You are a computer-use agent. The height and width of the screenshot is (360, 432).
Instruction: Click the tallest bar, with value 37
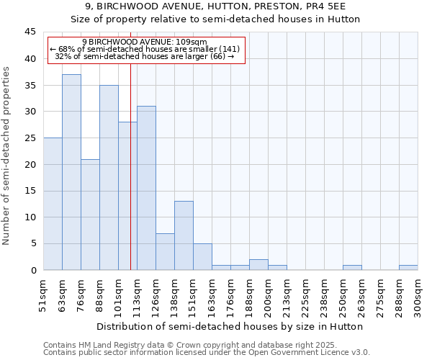click(x=71, y=172)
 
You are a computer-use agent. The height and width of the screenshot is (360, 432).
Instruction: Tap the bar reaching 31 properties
click(x=146, y=188)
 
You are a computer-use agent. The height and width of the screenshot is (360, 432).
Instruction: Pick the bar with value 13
click(x=184, y=235)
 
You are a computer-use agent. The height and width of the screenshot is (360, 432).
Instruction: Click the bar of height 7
click(x=165, y=251)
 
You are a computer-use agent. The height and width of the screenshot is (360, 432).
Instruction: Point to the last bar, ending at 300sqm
click(x=408, y=268)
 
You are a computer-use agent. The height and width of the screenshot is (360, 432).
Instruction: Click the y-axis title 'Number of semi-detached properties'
click(x=7, y=155)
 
